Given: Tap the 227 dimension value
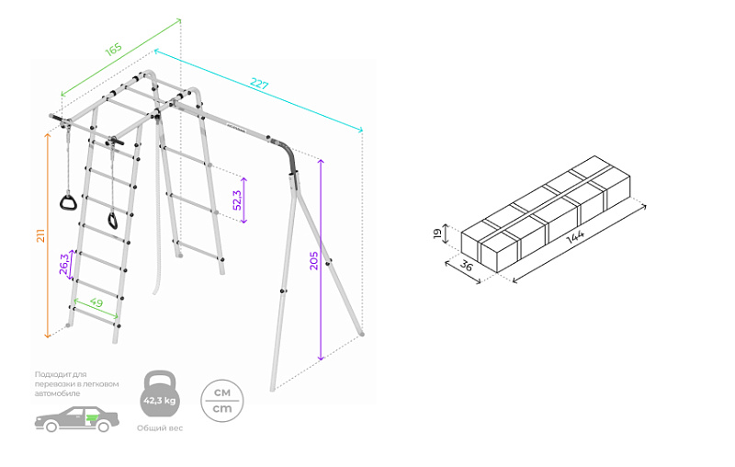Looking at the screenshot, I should [x=260, y=85].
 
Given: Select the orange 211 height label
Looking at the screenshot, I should [x=40, y=235].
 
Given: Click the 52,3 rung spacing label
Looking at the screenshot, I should [x=238, y=200].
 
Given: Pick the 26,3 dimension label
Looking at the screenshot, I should [x=63, y=264].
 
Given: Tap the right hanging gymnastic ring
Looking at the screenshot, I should [x=113, y=220].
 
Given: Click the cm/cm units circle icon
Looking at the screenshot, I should [x=221, y=400].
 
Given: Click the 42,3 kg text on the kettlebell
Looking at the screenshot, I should [x=159, y=402].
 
